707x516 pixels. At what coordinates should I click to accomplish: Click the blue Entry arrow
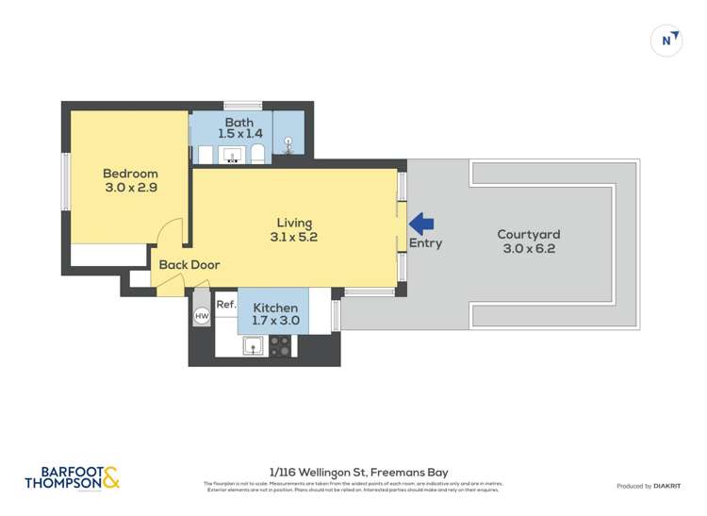click(421, 224)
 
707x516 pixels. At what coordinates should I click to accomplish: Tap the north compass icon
click(666, 41)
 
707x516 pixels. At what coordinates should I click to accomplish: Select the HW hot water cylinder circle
click(202, 316)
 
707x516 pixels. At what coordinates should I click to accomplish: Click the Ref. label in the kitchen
click(225, 305)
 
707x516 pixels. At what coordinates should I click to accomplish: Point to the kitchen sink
click(253, 345)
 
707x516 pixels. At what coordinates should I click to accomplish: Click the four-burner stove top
click(280, 345)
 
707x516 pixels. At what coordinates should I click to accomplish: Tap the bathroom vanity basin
click(233, 155)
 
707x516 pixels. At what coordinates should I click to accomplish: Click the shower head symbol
click(288, 144)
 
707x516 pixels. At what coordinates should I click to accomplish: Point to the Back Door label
click(189, 265)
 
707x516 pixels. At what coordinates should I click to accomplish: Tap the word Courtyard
click(529, 235)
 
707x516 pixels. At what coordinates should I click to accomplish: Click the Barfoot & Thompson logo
click(73, 478)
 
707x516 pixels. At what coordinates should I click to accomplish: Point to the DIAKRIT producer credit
click(649, 486)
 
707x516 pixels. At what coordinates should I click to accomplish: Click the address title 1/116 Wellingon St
click(358, 472)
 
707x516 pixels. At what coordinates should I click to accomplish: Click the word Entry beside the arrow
click(425, 243)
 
